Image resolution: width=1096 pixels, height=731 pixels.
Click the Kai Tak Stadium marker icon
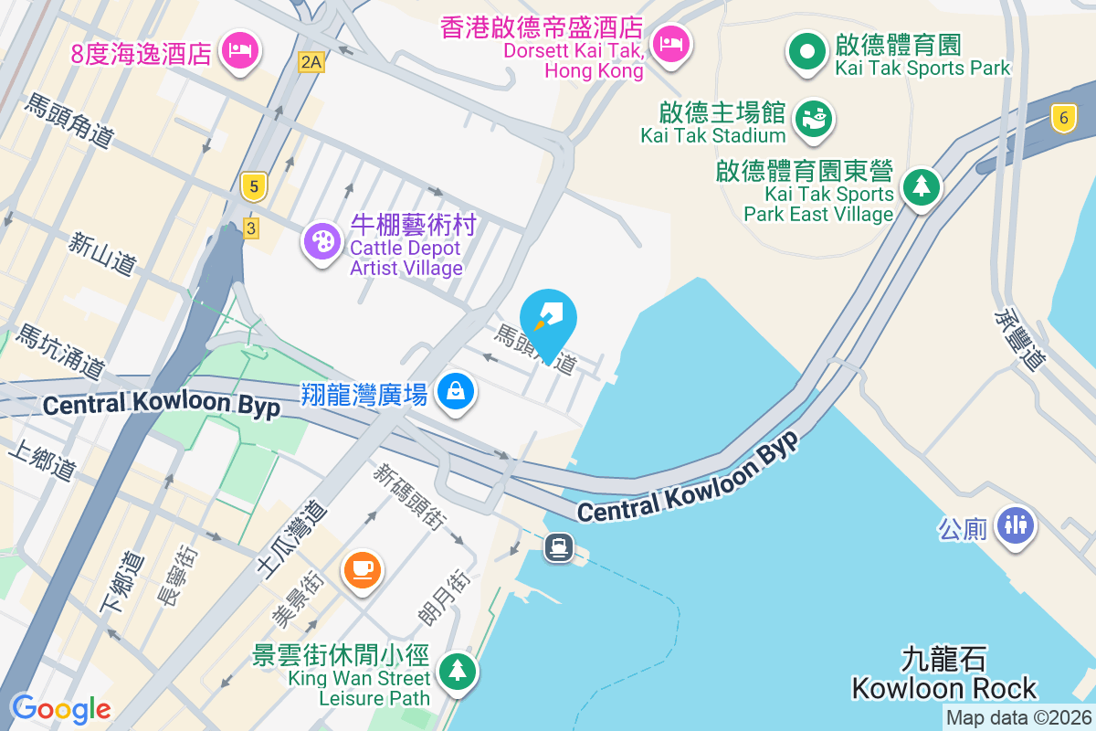pos(812,118)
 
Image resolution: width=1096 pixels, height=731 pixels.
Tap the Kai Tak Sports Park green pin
pos(807,51)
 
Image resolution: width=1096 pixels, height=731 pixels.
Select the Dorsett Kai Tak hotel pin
pos(671,42)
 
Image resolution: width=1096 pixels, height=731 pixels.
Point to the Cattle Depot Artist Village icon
pos(321,242)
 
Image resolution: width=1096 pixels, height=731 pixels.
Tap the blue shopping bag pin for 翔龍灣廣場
pos(455,392)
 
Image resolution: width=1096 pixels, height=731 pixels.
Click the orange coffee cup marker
pos(362,569)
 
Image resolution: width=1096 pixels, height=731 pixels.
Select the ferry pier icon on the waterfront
pos(558,546)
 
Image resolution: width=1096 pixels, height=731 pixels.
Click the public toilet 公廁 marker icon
pos(1015,524)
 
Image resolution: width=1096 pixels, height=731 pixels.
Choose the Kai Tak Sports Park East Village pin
pos(921,187)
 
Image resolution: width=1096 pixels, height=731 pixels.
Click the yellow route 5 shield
pos(254,187)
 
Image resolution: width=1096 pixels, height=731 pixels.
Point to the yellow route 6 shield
pos(1062,117)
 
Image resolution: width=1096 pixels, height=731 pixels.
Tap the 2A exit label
pos(311,61)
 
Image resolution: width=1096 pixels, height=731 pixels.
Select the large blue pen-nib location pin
pos(548,321)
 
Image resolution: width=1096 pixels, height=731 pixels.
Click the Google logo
pos(60,708)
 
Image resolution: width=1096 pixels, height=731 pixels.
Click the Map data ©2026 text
pos(1017,718)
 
